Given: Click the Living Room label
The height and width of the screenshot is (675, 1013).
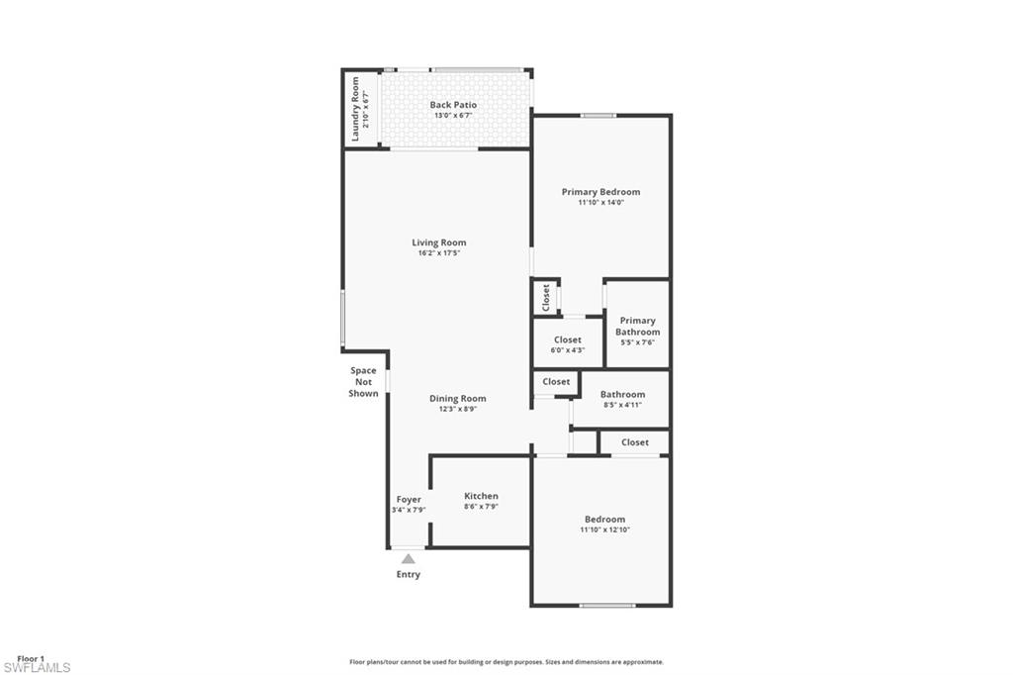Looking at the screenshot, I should click(x=438, y=242).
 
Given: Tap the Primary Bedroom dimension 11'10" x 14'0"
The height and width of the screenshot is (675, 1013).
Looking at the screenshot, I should click(x=600, y=203).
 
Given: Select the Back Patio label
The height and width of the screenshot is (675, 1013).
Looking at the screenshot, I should click(x=453, y=105).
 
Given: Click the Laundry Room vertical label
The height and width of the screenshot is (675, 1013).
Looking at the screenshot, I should click(x=355, y=109).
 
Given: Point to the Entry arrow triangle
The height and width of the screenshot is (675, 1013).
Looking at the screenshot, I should click(x=408, y=559).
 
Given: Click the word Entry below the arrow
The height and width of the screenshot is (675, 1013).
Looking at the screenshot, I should click(x=408, y=574).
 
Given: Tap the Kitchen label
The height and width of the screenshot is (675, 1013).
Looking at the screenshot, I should click(x=481, y=496).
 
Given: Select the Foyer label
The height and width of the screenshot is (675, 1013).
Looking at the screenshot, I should click(x=409, y=500).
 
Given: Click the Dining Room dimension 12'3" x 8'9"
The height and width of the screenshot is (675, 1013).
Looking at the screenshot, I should click(x=457, y=409).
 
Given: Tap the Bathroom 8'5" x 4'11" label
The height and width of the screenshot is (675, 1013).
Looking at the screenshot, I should click(x=622, y=394).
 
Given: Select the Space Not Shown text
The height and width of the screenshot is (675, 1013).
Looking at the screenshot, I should click(x=363, y=382).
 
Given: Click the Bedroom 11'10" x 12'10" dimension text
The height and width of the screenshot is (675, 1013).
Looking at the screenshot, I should click(x=604, y=530).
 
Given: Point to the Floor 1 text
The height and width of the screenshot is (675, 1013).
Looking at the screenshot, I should click(x=31, y=658).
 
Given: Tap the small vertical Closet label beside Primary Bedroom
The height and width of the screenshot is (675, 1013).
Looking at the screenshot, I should click(x=546, y=297).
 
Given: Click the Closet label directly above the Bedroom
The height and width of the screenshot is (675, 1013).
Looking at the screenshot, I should click(x=635, y=442).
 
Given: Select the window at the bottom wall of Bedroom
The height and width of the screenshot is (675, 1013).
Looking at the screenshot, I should click(x=606, y=605).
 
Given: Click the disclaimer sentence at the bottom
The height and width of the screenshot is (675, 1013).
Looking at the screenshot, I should click(x=506, y=662).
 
